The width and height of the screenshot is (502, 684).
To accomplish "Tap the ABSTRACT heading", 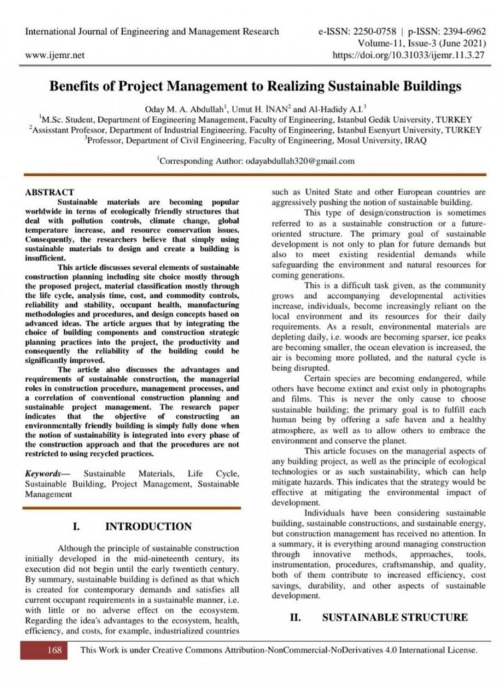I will tap(49, 192).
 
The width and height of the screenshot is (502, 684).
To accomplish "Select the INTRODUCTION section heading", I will tap(148, 526).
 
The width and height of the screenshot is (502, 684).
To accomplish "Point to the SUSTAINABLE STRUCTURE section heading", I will tap(394, 617).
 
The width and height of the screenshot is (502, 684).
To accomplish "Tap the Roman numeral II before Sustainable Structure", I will tap(294, 617).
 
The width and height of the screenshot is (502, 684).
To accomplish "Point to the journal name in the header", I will tap(152, 31).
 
